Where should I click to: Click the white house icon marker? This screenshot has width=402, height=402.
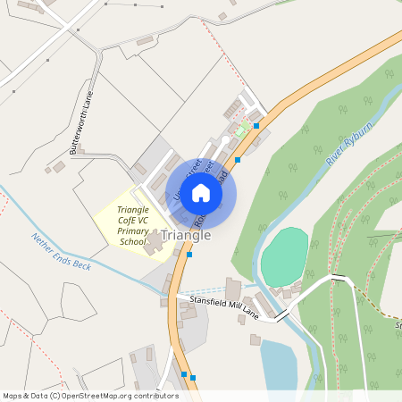tap(201, 192)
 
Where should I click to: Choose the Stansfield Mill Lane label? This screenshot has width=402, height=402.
tap(222, 303)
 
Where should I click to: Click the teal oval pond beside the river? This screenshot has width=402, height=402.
tap(284, 256)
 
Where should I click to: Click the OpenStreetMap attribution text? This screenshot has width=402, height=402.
tap(89, 396)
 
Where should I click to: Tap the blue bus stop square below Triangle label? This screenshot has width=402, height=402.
tap(189, 255)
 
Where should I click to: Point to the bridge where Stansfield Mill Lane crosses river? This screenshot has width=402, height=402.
tap(282, 316)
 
